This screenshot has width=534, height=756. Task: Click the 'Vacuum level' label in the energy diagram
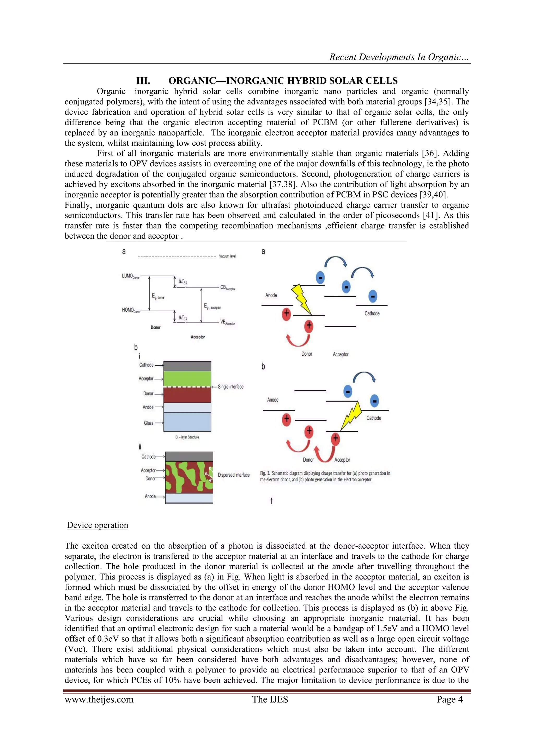tap(227, 256)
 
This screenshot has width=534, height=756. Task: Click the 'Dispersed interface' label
tap(233, 475)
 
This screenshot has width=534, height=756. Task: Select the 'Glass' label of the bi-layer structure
tap(149, 423)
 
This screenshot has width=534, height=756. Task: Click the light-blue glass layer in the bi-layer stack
tap(187, 422)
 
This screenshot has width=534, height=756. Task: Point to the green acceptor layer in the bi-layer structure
tap(187, 379)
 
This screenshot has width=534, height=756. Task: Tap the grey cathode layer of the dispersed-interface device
tap(189, 456)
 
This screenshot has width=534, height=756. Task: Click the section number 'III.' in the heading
tap(143, 81)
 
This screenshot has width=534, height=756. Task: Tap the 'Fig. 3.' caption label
tap(265, 473)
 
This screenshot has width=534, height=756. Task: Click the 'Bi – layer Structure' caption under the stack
tap(187, 437)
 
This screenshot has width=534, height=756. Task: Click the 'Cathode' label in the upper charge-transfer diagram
tap(372, 313)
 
